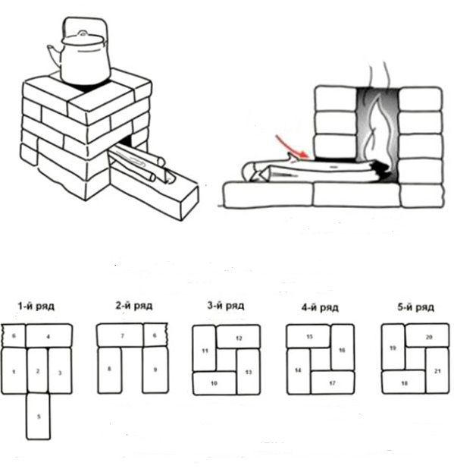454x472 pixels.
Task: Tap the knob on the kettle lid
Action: (83, 33)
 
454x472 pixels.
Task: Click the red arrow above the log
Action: (292, 146)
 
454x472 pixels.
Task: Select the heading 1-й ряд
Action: (36, 307)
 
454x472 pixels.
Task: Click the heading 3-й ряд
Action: (226, 306)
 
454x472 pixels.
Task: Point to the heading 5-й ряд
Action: (416, 307)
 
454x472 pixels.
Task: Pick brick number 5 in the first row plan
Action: (39, 417)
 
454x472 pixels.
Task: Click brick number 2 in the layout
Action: (38, 370)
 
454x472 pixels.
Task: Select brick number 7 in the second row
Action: (121, 335)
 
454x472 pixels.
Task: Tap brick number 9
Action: (155, 370)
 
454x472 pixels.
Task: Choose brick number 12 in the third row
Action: (239, 336)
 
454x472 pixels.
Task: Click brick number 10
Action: (214, 383)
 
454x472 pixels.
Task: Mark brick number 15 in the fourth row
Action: (308, 336)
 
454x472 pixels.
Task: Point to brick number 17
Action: (332, 383)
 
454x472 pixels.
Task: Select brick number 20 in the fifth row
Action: (427, 335)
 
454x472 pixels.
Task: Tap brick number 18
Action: (404, 382)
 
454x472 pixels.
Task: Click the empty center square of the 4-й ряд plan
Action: (321, 360)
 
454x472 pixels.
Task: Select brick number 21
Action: (437, 370)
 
